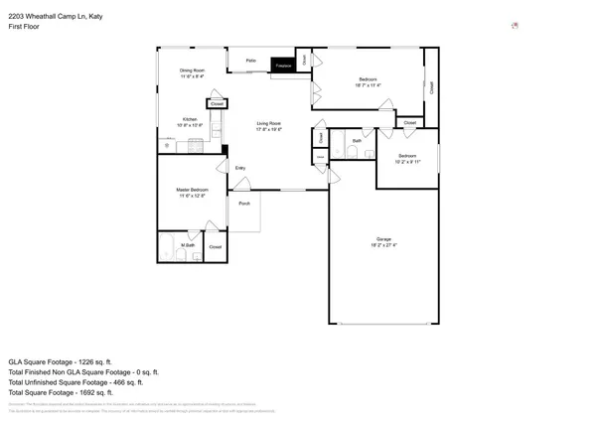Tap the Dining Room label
(192, 70)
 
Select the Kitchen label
(189, 120)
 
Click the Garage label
(383, 238)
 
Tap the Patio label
(250, 62)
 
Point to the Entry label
(240, 168)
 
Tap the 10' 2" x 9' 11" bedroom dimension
(408, 161)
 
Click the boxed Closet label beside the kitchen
(217, 103)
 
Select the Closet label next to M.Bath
(216, 246)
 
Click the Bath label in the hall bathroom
(357, 141)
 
